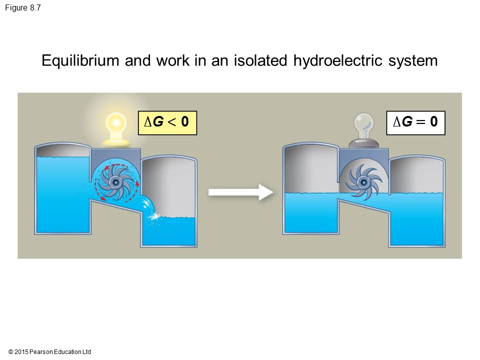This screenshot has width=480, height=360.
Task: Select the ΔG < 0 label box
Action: [167, 122]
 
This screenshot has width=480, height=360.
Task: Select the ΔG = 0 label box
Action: [415, 122]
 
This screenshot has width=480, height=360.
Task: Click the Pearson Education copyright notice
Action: [50, 352]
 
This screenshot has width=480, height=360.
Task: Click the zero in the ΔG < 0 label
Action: [184, 122]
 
